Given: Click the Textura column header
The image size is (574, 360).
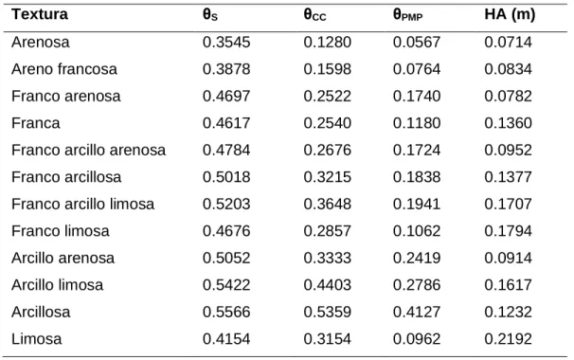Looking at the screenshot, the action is click(40, 14).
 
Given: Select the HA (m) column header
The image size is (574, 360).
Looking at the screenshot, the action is click(510, 14).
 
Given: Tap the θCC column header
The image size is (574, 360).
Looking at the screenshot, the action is click(314, 15).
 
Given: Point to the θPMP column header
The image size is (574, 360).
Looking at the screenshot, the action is click(408, 15).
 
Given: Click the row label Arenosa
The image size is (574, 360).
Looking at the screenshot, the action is click(41, 42).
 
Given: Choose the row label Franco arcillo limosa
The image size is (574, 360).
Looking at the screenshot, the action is click(82, 204).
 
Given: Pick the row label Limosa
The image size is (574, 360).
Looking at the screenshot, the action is click(36, 339).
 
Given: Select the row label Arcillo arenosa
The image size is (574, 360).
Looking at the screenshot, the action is click(63, 258).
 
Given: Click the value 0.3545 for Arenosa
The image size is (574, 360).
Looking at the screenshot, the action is click(226, 42).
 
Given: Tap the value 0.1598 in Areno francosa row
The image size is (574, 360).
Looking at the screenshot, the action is click(328, 69).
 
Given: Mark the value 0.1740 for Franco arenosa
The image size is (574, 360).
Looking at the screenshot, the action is click(417, 96).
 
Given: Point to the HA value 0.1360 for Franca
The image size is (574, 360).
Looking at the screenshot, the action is click(508, 123).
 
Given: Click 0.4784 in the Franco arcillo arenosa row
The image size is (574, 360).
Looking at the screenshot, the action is click(226, 150).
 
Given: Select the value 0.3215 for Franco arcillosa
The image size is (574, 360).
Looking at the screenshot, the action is click(328, 177).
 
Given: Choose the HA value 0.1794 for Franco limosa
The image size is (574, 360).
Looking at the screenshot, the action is click(508, 231).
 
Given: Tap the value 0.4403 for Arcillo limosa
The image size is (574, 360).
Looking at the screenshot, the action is click(328, 285).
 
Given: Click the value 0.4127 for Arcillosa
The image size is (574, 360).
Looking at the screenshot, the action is click(417, 312).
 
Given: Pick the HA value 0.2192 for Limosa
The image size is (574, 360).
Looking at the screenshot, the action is click(508, 339).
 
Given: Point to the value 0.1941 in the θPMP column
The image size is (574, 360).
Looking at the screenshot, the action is click(417, 204).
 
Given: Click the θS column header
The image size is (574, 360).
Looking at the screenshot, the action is click(210, 15).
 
